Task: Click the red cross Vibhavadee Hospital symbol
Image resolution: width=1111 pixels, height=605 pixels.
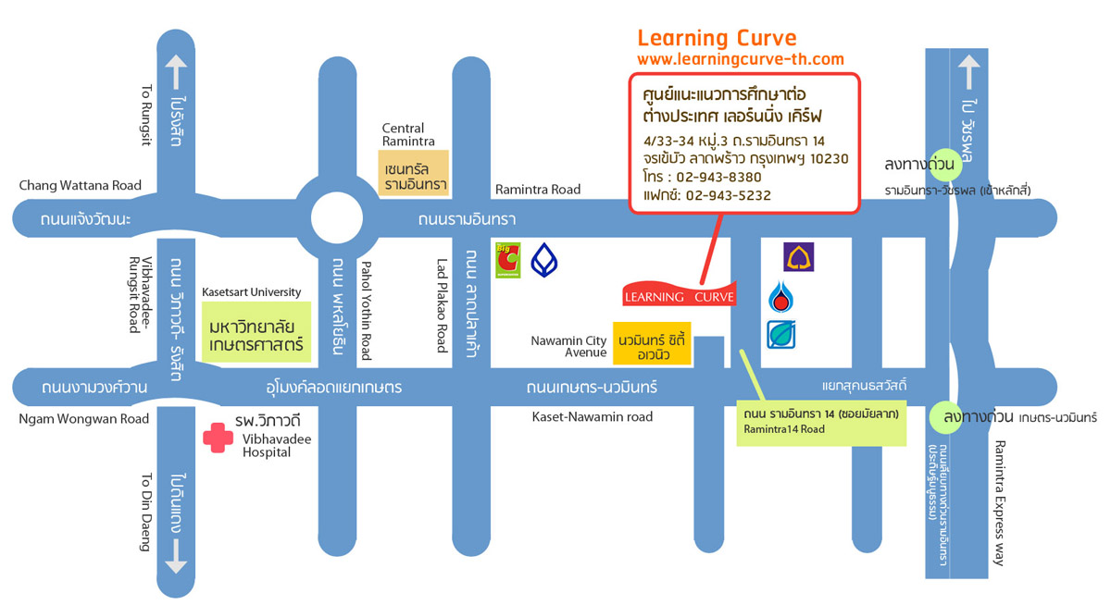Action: click(x=218, y=438)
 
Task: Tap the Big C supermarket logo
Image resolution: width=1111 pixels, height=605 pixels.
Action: click(x=508, y=260)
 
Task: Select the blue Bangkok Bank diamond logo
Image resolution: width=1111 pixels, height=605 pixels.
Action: click(x=544, y=260)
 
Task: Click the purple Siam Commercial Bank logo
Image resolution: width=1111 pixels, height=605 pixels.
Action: click(x=798, y=257)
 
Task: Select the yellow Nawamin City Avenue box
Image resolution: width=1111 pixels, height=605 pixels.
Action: click(x=653, y=347)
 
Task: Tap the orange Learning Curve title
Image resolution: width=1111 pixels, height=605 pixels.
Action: click(x=717, y=38)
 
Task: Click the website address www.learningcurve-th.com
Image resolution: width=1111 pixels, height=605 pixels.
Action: click(x=741, y=59)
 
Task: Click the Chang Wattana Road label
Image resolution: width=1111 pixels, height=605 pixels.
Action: click(x=81, y=186)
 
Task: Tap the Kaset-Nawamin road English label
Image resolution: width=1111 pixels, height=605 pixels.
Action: click(x=593, y=417)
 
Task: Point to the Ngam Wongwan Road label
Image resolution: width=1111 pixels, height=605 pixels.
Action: click(x=84, y=418)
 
